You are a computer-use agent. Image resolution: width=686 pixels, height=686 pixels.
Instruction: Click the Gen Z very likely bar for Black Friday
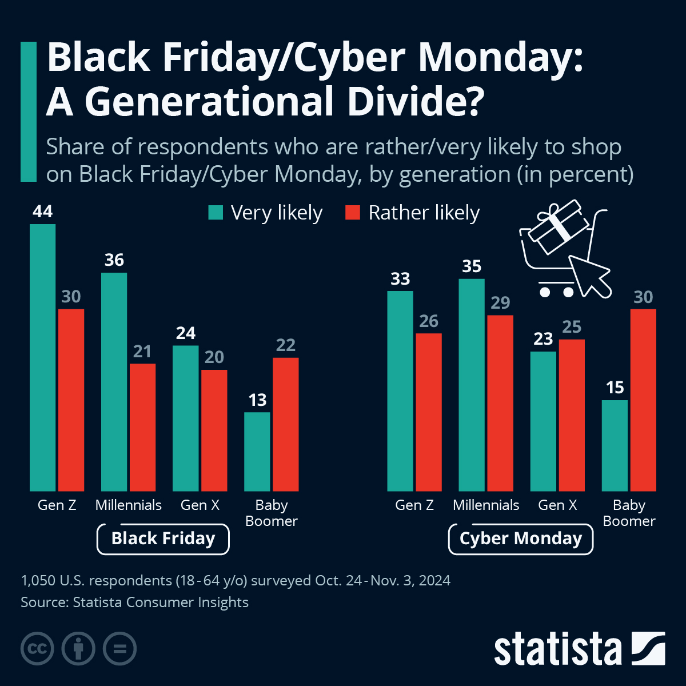point(42,357)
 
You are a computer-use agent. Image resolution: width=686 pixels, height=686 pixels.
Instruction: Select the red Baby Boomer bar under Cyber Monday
point(643,400)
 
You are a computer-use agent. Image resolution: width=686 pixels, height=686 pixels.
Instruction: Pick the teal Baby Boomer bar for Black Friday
point(257,452)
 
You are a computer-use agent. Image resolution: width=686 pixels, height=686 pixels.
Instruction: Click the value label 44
point(43,212)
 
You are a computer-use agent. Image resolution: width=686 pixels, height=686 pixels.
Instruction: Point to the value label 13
point(257,400)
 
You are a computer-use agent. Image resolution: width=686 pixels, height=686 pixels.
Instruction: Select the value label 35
point(472,266)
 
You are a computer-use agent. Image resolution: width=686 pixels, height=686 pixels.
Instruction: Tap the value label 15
point(615,388)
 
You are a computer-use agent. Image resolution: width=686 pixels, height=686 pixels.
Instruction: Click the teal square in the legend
point(216,213)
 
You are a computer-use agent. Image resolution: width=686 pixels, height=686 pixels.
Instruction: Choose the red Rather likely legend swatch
point(353,213)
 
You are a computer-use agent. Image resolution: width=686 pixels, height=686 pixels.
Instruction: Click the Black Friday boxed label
point(163,539)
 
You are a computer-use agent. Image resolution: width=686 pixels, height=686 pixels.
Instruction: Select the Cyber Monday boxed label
point(520,539)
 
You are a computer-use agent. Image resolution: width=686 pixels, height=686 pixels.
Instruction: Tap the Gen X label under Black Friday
point(200,505)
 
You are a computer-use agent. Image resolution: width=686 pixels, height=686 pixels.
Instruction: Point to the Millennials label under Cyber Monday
point(486,505)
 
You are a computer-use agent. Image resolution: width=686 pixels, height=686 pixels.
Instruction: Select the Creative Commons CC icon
point(37,649)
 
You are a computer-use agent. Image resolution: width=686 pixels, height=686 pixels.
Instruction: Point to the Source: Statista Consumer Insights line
point(134,603)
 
